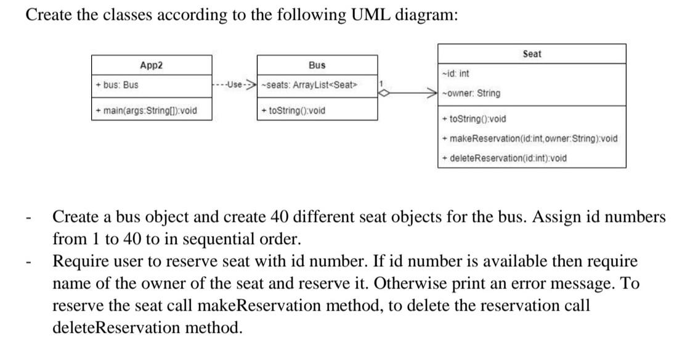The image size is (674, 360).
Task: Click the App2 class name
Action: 151,65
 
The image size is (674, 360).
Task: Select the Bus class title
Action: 317,65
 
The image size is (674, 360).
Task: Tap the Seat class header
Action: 532,54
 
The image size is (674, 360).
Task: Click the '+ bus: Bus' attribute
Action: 117,85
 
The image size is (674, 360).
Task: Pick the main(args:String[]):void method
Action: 146,111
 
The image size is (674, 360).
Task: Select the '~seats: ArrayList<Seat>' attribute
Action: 309,85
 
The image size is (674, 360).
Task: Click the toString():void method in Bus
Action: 293,111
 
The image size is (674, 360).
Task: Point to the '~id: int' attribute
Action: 456,74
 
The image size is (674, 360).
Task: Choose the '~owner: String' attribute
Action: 471,94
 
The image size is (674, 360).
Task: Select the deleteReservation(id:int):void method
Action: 505,158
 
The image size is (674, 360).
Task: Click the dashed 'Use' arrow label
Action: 233,85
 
